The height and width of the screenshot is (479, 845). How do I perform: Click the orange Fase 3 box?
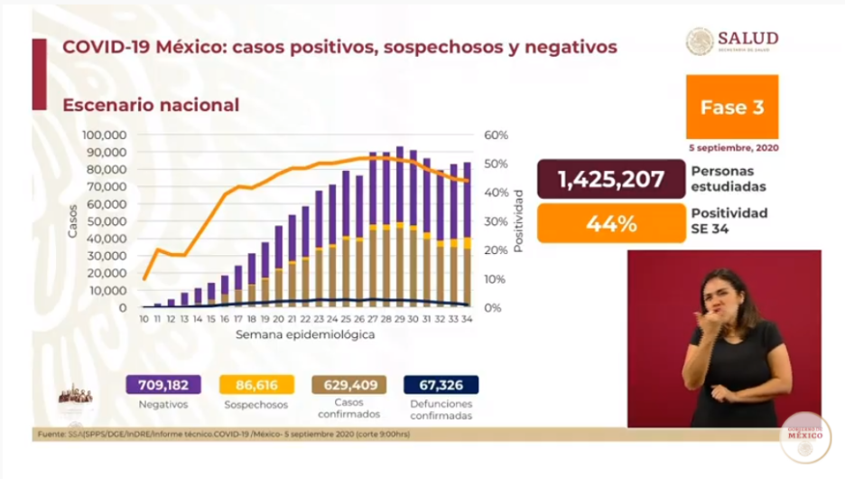(731, 107)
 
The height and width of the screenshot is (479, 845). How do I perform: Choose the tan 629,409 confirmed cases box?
(348, 384)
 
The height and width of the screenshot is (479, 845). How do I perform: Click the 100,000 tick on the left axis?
(107, 135)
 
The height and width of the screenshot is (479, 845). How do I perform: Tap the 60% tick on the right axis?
(497, 135)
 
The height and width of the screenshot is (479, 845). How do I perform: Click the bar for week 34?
(467, 235)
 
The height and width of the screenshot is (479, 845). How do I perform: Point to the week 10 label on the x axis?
(144, 319)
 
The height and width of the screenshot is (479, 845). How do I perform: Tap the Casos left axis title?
(73, 221)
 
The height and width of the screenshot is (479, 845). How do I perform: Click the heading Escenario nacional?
(151, 105)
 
